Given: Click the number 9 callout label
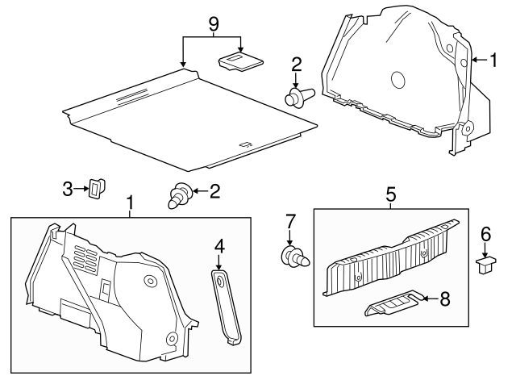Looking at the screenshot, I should coord(213,23).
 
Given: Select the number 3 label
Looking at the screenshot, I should coord(69,189).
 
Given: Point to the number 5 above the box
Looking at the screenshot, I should coord(390,194).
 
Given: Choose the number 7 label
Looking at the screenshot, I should coord(291,220).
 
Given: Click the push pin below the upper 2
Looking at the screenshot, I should coord(299,97).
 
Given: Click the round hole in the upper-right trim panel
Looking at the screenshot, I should coord(398,79).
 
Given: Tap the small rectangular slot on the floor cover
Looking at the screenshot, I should coord(245,145).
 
